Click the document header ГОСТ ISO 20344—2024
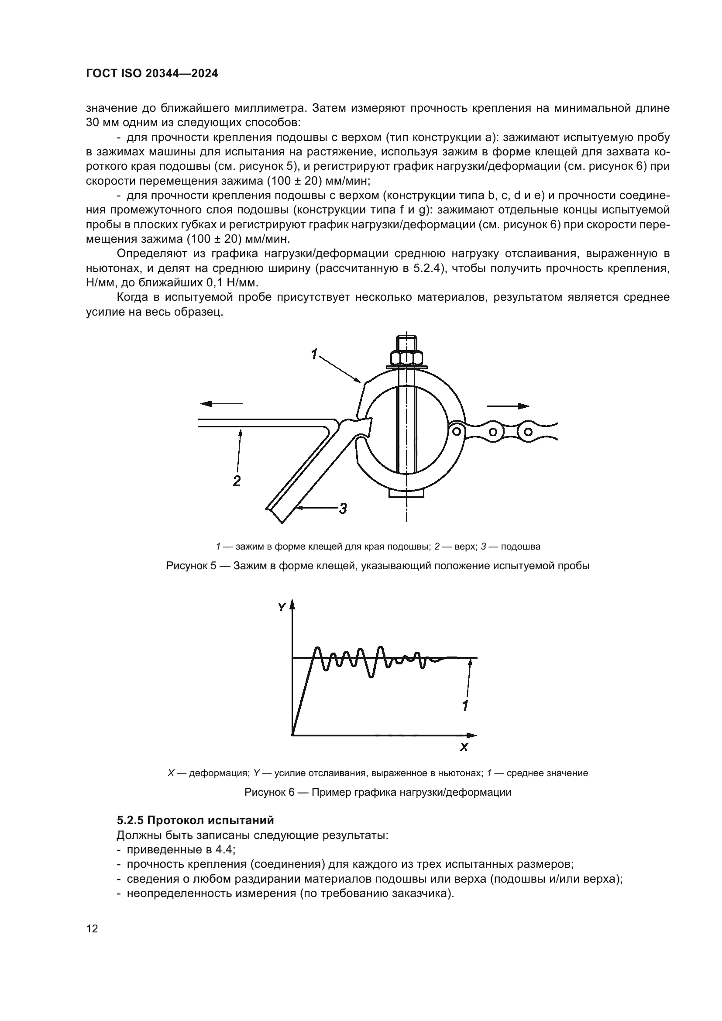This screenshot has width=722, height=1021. (151, 74)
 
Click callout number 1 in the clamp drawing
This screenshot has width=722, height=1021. (314, 354)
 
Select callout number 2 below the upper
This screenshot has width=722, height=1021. (237, 480)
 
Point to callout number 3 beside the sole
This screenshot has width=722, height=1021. (343, 508)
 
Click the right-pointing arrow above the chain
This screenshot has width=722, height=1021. (509, 406)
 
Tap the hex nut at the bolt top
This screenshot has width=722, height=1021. (406, 358)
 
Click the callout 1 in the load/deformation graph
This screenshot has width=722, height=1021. (465, 705)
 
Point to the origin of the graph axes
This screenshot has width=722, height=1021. (292, 735)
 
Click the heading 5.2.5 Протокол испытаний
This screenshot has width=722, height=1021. (195, 820)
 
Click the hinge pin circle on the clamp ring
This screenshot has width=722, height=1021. (456, 430)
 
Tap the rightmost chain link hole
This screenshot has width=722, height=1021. (528, 431)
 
